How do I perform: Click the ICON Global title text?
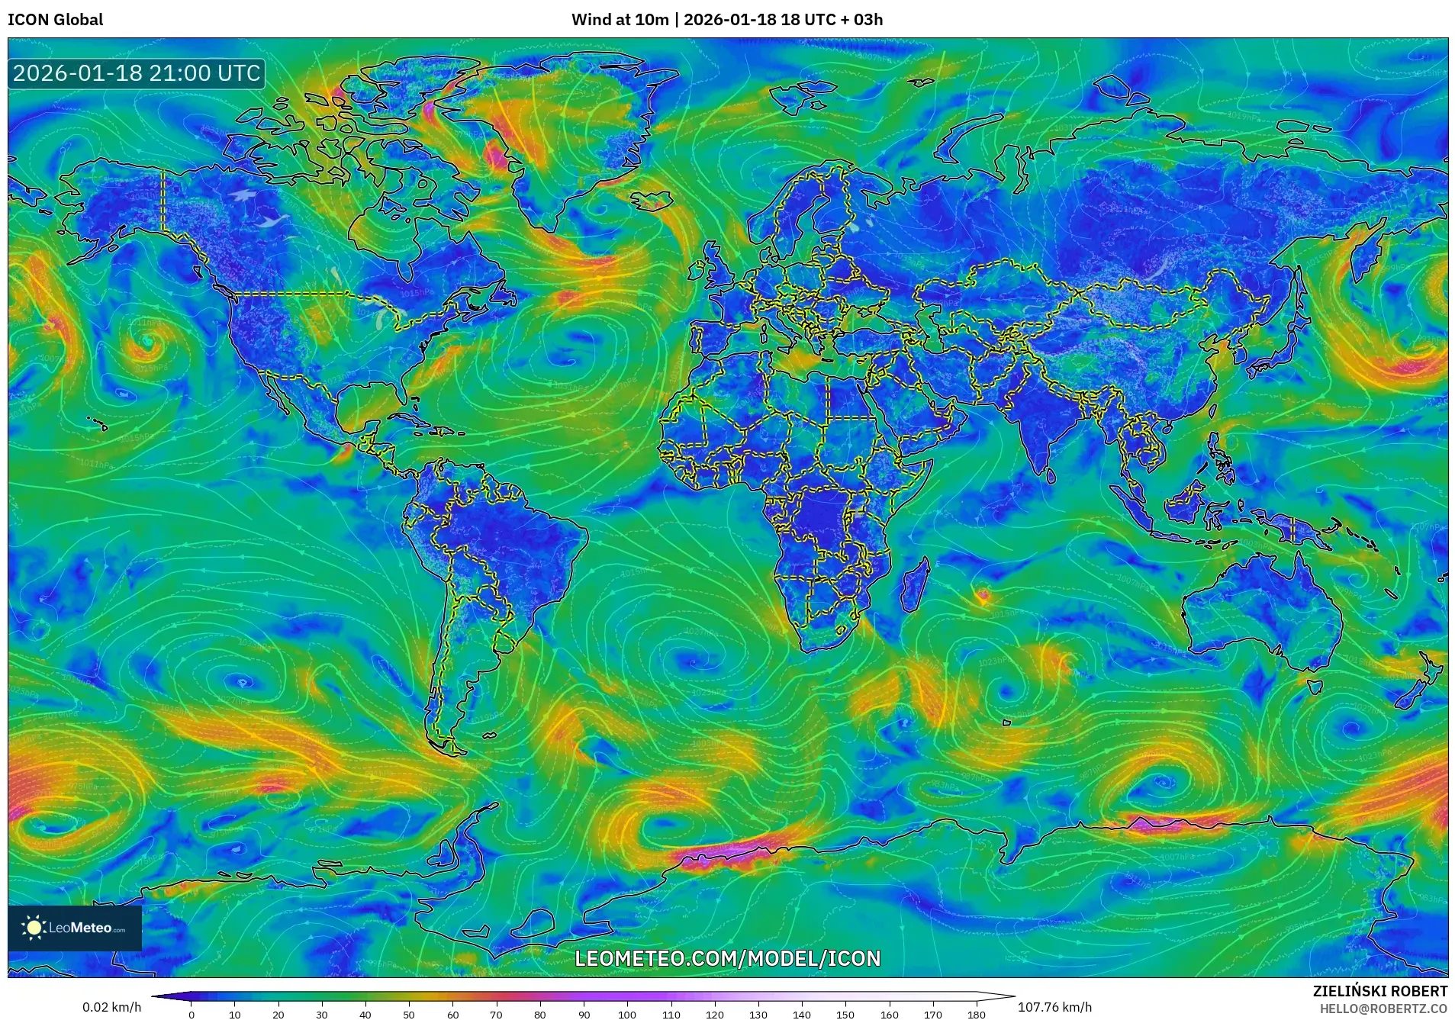tap(55, 19)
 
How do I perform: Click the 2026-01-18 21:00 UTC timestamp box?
tap(137, 73)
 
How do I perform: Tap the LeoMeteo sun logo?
tap(34, 927)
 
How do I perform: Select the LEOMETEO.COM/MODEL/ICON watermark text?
tap(727, 958)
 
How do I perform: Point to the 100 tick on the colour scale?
tap(627, 1014)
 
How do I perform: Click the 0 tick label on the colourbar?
tap(192, 1014)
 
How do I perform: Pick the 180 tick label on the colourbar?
tap(976, 1014)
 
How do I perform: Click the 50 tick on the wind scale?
tap(409, 1014)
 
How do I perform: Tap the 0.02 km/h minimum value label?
tap(112, 1007)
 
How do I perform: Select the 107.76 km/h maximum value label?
tap(1054, 1007)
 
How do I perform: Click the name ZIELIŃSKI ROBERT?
tap(1379, 991)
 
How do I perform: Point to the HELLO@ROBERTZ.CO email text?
tap(1383, 1009)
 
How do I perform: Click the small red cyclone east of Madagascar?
tap(983, 594)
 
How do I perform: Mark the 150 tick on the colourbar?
tap(845, 1014)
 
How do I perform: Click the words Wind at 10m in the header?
tap(620, 19)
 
